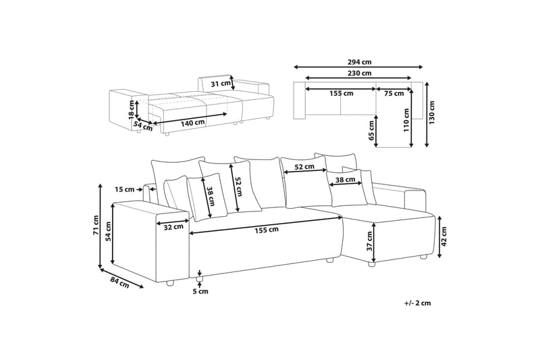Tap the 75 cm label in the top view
coord(394,93)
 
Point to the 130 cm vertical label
coord(432,115)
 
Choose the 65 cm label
coord(372,130)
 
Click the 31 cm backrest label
coord(219,84)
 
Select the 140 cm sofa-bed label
coord(192,123)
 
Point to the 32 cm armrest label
coord(173,227)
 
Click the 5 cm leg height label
coord(200,292)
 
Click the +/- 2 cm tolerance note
coord(417,303)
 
